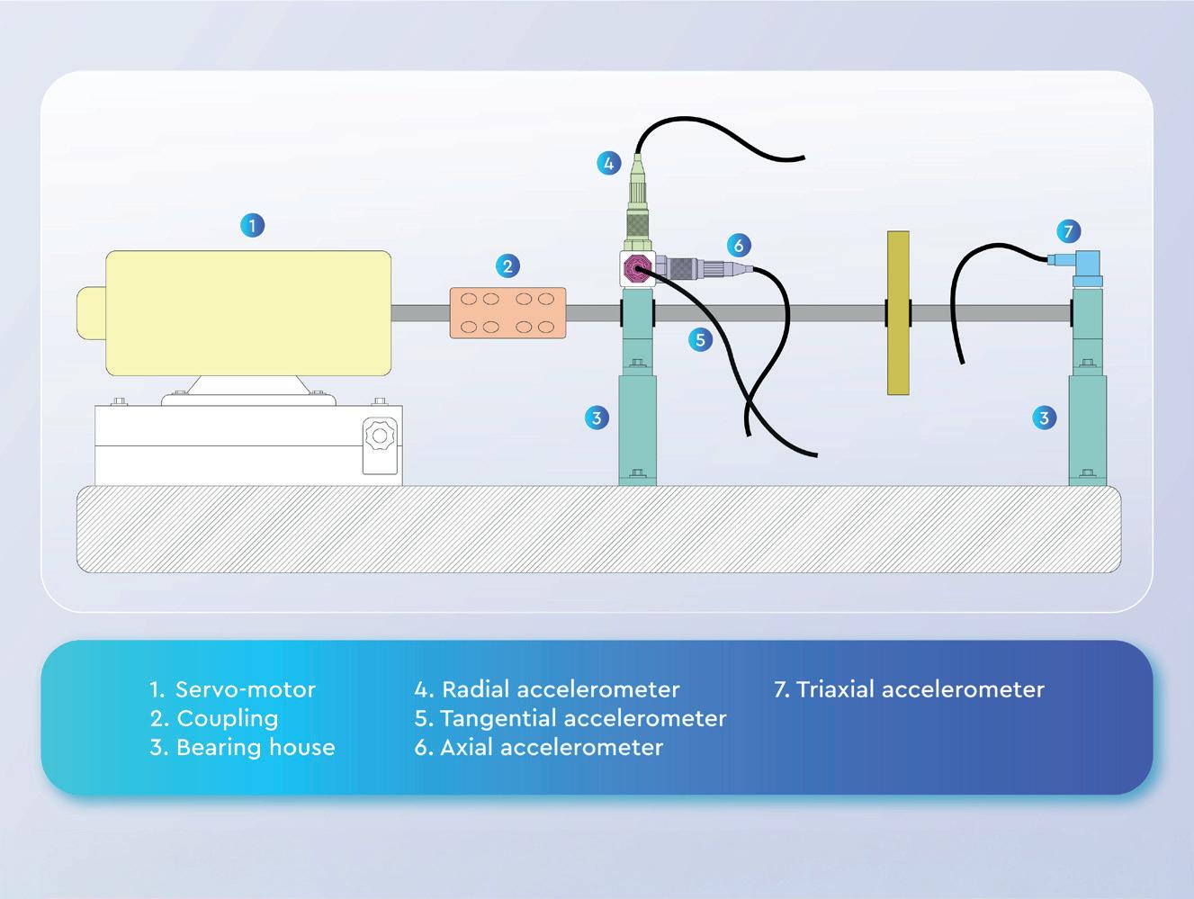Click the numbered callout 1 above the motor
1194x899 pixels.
[253, 225]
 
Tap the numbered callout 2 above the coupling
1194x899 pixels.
[507, 265]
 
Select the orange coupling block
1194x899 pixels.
[507, 312]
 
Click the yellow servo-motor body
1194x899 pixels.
[248, 312]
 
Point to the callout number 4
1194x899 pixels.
[609, 164]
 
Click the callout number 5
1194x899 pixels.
[699, 339]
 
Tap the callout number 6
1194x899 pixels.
[738, 245]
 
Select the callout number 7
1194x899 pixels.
[1068, 231]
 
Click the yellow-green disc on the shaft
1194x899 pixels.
[898, 312]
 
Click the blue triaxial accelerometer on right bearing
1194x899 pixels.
[1089, 267]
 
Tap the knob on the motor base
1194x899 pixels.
[379, 436]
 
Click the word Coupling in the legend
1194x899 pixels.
[228, 718]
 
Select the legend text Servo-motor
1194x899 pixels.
[245, 689]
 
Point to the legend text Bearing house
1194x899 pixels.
[256, 747]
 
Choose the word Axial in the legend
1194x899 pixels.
[465, 747]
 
